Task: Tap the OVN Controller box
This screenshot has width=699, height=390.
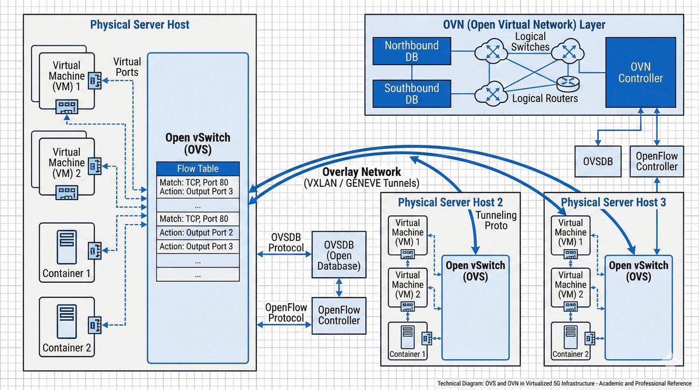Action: click(x=640, y=72)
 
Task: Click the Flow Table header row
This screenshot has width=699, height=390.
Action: click(x=197, y=169)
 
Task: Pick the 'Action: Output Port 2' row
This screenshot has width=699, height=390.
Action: click(x=197, y=232)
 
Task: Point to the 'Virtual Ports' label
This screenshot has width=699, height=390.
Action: click(x=127, y=66)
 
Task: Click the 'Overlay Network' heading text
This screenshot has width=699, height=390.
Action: click(x=362, y=172)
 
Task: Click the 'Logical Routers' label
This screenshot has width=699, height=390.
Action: click(x=545, y=98)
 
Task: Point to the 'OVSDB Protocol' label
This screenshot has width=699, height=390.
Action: click(x=286, y=243)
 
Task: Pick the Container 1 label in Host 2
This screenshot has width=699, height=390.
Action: click(x=408, y=354)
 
